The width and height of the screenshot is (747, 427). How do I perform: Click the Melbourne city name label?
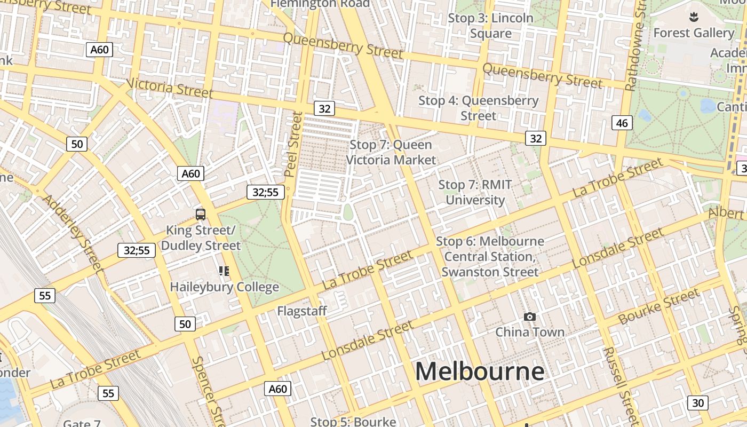point(480,371)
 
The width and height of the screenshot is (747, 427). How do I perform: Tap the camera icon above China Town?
point(529,317)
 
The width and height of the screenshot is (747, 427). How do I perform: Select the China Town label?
point(529,332)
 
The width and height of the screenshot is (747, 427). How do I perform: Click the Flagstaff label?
point(301,311)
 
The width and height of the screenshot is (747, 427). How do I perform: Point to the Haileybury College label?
point(224,287)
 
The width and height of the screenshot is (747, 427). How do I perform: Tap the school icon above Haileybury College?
point(224,271)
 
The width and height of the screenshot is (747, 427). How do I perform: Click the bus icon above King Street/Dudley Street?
point(201,215)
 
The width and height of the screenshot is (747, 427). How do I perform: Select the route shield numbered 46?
point(622,123)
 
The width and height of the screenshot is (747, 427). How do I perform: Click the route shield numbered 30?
point(698,402)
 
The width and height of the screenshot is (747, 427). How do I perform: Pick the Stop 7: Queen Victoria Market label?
point(391,152)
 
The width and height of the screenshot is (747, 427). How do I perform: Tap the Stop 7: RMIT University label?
point(475,192)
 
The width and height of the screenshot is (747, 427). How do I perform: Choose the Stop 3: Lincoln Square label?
point(490,26)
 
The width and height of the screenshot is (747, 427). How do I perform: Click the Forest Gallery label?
point(694,33)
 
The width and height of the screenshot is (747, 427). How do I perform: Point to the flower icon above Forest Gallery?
point(694,17)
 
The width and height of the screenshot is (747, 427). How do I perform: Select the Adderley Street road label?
point(71,232)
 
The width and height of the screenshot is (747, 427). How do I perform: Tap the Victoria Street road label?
point(170,88)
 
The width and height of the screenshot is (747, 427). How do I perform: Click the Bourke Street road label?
point(659,307)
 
